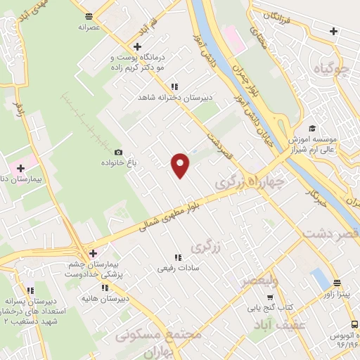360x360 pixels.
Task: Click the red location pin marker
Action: tap(181, 165)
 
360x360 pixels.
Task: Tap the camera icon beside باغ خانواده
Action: tap(118, 152)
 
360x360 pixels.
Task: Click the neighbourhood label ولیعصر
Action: tap(259, 281)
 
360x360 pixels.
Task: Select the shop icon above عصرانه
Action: tap(88, 15)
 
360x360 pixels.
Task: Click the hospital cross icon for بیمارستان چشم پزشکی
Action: tap(92, 252)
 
